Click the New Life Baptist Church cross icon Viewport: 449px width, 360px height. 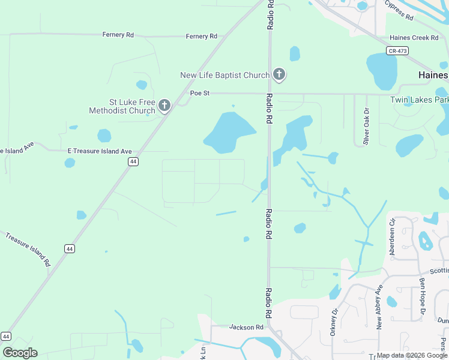[279, 75]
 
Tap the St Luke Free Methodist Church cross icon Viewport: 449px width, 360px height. [164, 107]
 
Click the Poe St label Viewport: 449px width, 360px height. [199, 93]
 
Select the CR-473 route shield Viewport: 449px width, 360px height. [397, 51]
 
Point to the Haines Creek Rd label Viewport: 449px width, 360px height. [414, 38]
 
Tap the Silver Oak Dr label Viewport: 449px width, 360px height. [366, 127]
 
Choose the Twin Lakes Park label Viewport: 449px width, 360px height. [419, 100]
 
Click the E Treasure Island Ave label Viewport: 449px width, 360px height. [100, 151]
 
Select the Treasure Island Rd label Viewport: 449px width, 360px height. [28, 248]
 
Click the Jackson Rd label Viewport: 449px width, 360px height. [246, 328]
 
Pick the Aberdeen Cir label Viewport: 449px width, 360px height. [393, 237]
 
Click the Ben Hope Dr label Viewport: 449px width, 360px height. [423, 296]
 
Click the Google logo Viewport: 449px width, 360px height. [20, 353]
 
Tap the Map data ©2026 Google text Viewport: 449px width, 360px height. [411, 355]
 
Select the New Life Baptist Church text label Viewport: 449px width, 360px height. [225, 75]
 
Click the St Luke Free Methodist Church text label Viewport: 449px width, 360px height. [122, 106]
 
